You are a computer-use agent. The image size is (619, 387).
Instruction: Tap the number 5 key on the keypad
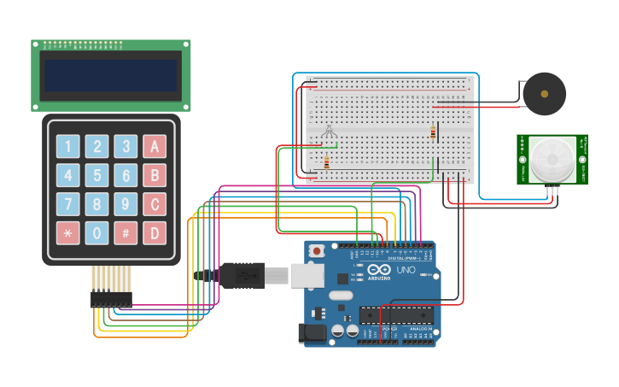pyautogui.click(x=97, y=175)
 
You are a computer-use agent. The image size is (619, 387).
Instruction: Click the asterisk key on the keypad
pyautogui.click(x=68, y=232)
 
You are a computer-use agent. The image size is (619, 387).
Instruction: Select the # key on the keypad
pyautogui.click(x=126, y=232)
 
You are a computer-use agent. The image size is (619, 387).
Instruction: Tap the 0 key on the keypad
pyautogui.click(x=97, y=232)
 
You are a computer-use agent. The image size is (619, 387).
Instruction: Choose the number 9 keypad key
pyautogui.click(x=126, y=204)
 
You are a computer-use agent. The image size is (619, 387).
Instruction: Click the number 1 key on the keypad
pyautogui.click(x=68, y=146)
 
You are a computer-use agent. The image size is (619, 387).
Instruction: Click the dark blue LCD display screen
pyautogui.click(x=111, y=75)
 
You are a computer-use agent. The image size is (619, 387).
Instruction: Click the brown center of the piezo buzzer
pyautogui.click(x=544, y=94)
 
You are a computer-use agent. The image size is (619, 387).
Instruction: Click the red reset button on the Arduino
pyautogui.click(x=318, y=251)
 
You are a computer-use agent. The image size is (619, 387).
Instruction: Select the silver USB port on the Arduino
pyautogui.click(x=306, y=275)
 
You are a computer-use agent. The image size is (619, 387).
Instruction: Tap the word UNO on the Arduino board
pyautogui.click(x=406, y=270)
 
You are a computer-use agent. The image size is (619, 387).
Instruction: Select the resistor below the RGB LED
pyautogui.click(x=326, y=162)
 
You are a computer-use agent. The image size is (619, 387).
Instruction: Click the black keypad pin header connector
pyautogui.click(x=112, y=299)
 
